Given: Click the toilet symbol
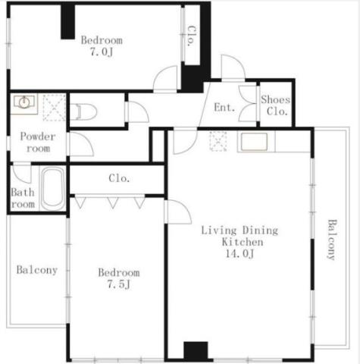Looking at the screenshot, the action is coord(84,111).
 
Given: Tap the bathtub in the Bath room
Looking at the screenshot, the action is coord(52,188).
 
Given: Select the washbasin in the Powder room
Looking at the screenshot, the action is coord(23,102).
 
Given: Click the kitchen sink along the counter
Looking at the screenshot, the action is coord(254,142).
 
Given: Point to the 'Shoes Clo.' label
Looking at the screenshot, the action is coord(276,105).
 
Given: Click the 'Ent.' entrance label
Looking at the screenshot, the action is coord(224,108).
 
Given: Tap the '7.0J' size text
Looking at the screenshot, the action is coord(102,52).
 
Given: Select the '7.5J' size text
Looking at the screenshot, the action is coord(119,284).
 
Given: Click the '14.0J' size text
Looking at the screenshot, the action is coord(239,253).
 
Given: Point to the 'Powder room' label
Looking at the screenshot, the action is coord(38,143).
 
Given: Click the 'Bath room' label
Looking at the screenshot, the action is coord(23,198).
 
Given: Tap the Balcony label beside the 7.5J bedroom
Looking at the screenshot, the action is coord(37,270).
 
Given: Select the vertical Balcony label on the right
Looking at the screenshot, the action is coord(332,240).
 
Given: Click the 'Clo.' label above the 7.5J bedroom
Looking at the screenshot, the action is coord(120,178).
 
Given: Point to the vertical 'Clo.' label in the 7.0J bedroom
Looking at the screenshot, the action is coord(192,36).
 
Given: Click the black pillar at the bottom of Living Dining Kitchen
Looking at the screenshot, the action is coord(196,350).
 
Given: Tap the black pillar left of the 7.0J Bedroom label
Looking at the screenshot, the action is coord(67,22).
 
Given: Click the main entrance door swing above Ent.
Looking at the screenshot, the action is coord(233,67).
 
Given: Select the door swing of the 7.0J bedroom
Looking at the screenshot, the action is coord(165,78).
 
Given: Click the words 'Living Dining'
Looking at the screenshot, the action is coord(239,231).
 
